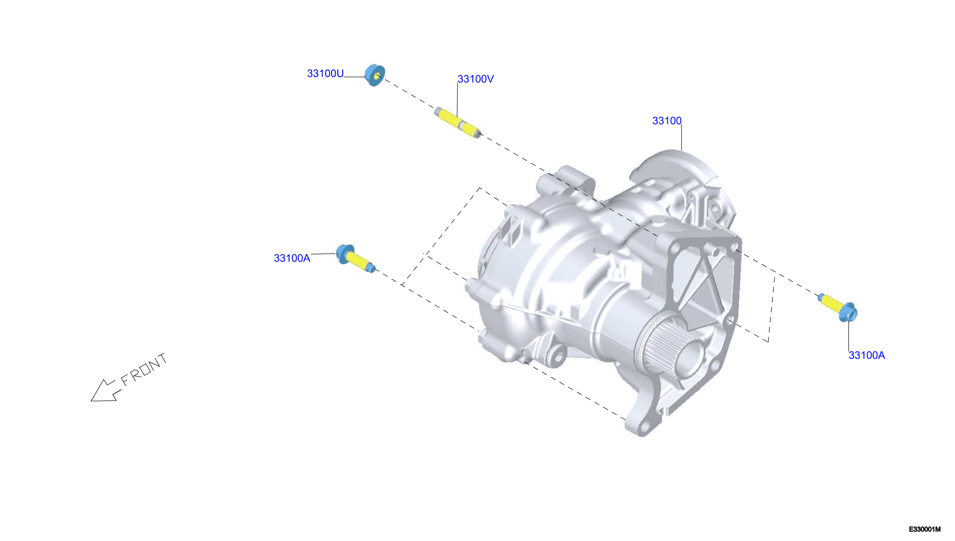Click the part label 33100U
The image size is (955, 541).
tap(325, 74)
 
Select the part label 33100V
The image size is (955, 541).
tap(475, 79)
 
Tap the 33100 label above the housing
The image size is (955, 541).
tap(667, 121)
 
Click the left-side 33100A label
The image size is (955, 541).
tap(292, 258)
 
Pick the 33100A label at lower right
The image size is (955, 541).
tap(867, 355)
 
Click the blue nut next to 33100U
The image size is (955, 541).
tap(374, 75)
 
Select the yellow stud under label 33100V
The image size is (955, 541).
tap(458, 122)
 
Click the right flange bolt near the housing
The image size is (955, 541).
tap(838, 308)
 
